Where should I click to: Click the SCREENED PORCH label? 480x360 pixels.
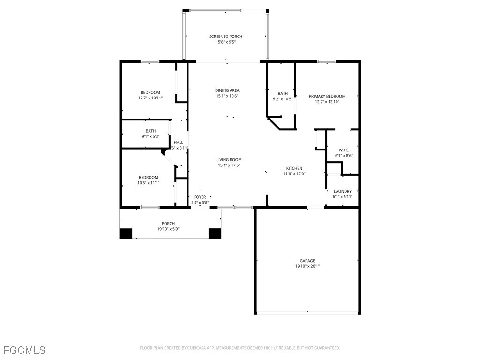(225, 37)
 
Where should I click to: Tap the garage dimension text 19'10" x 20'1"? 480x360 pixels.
(307, 266)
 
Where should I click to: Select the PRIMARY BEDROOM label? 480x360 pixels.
(327, 96)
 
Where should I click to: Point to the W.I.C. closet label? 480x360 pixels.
(344, 150)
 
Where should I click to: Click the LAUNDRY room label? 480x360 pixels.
(343, 191)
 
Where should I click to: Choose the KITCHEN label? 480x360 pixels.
(294, 168)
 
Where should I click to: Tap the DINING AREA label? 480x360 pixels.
(227, 90)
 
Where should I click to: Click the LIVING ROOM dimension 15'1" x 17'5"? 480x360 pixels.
(229, 165)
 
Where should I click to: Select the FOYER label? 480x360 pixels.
(200, 197)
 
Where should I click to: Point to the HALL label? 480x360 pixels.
(179, 142)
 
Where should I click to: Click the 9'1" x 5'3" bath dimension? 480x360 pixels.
(150, 136)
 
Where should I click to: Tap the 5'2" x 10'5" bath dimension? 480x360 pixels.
(283, 99)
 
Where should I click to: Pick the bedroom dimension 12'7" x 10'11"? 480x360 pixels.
(150, 98)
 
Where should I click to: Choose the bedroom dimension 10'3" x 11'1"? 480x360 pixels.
(149, 183)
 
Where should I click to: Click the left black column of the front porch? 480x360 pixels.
(126, 233)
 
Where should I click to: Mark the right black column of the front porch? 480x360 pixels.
(215, 233)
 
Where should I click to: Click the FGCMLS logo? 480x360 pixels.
(24, 350)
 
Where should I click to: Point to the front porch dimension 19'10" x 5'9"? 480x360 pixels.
(168, 229)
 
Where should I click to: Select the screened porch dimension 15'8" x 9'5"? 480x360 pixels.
(226, 42)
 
